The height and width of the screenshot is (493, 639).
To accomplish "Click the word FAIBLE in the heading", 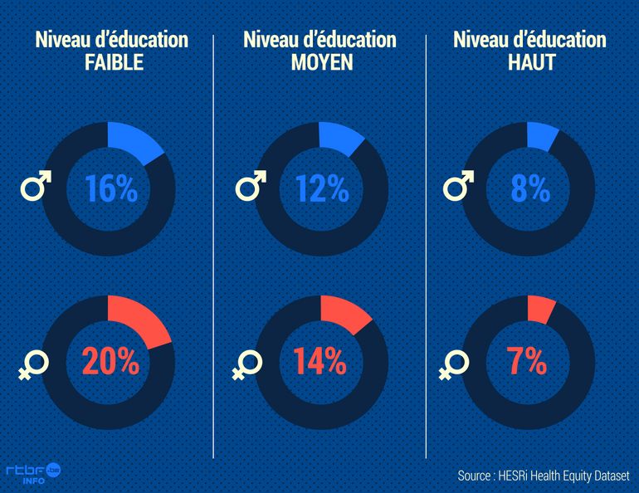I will point(114,63).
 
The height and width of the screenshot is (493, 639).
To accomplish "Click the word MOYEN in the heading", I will point(319,63).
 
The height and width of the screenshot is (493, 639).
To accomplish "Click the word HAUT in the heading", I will point(529,63).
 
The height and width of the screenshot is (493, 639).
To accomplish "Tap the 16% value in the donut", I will point(110,189).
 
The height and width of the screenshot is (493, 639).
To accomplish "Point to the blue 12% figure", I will point(322,189).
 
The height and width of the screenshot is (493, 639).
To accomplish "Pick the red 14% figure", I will point(319,362).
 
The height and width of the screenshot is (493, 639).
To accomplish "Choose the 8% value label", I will point(529,189).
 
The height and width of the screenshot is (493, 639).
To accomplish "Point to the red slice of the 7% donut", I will point(541,308).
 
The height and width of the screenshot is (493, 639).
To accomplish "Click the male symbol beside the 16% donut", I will point(35,187).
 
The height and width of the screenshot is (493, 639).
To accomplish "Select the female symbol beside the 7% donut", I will point(453,364).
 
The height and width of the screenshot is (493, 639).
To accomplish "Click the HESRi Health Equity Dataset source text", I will point(543,476).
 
